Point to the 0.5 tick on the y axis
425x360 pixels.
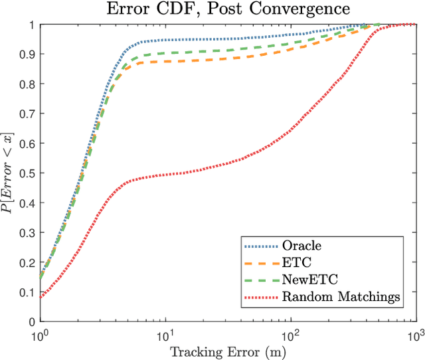tap(28, 173)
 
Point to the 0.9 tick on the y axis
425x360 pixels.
tap(28, 54)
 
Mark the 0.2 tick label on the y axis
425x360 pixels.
tap(28, 262)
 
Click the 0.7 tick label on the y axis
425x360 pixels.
tap(28, 114)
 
